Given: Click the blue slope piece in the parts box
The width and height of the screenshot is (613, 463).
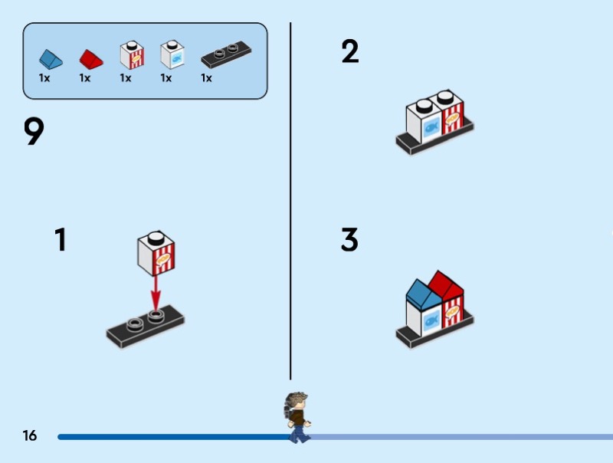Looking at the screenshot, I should pyautogui.click(x=49, y=58).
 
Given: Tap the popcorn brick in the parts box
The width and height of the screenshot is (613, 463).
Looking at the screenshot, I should pyautogui.click(x=132, y=54).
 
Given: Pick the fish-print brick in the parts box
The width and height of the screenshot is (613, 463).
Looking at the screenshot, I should pyautogui.click(x=172, y=54).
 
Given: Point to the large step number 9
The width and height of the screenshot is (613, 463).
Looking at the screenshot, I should pyautogui.click(x=34, y=132).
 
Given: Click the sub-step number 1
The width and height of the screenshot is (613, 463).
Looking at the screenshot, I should pyautogui.click(x=61, y=240).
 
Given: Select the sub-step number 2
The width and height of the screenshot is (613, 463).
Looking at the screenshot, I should pyautogui.click(x=350, y=52).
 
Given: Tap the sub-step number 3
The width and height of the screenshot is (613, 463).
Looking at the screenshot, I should pyautogui.click(x=349, y=240).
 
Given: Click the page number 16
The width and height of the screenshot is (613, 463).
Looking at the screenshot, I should pyautogui.click(x=30, y=436).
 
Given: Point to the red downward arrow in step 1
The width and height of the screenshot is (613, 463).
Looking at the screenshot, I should pyautogui.click(x=156, y=291).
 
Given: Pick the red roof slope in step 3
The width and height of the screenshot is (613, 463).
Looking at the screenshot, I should pyautogui.click(x=446, y=284).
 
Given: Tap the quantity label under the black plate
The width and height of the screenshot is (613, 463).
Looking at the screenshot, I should pyautogui.click(x=206, y=78).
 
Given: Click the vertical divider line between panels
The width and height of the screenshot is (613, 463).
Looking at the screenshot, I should pyautogui.click(x=290, y=199).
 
